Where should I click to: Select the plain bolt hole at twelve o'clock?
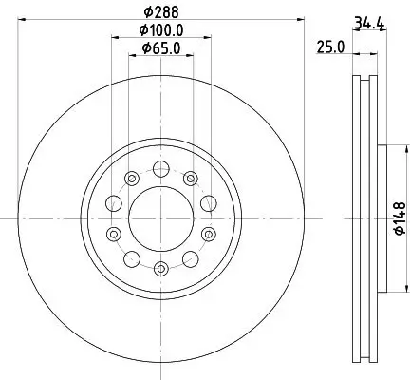[x=161, y=169]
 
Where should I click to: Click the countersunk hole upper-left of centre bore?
[x=132, y=177]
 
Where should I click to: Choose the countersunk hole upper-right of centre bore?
[x=191, y=177]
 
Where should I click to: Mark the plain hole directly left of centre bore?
[x=114, y=201]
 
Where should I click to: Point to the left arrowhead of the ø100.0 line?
[x=115, y=39]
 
